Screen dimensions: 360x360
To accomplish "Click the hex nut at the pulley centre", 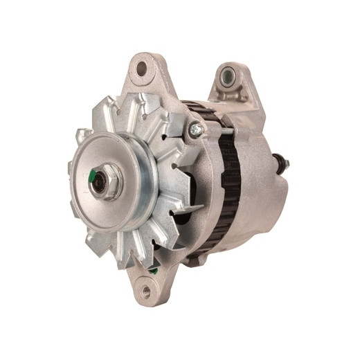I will pos(109,181).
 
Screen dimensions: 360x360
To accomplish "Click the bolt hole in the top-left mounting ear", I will pos(142,69).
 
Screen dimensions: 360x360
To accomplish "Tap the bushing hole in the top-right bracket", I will pos(228,75).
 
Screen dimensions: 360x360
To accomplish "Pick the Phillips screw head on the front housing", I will pos(196,128).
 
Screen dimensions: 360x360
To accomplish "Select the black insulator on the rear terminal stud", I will pos(280,163).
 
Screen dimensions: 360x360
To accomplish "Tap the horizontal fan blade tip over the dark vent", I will pos(190,206).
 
